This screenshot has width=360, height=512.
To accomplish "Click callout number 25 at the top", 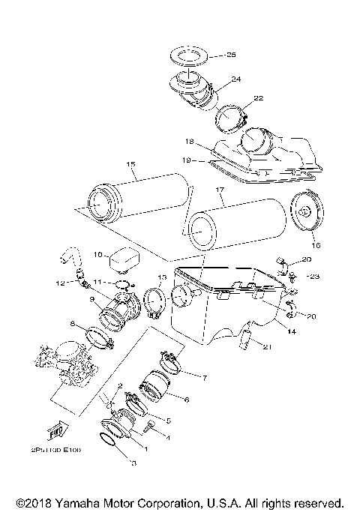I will pyautogui.click(x=231, y=56).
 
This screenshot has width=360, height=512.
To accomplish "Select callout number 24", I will pyautogui.click(x=235, y=79).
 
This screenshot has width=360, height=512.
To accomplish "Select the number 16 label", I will pyautogui.click(x=315, y=244).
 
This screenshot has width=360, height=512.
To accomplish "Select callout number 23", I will pyautogui.click(x=314, y=277).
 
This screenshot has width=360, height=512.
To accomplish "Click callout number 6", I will pyautogui.click(x=186, y=400).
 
